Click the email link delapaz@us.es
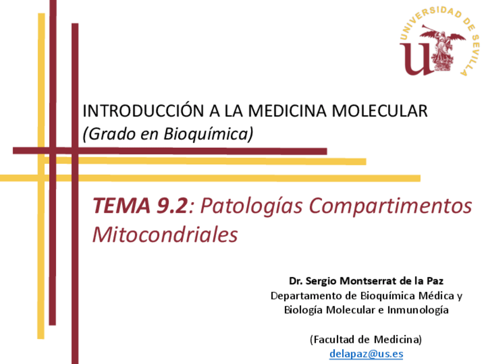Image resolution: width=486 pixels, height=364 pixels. (x=366, y=354)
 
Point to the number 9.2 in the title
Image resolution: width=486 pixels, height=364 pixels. (x=172, y=205)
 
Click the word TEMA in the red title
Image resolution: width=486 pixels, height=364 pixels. (x=121, y=205)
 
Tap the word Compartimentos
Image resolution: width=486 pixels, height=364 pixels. (x=390, y=206)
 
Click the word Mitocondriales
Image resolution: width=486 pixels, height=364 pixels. (x=165, y=234)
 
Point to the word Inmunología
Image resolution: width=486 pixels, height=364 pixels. (x=418, y=310)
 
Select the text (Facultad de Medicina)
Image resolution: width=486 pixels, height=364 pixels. (x=366, y=339)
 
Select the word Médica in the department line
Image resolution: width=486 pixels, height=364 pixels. (x=436, y=296)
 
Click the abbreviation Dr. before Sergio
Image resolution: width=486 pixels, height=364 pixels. (x=296, y=281)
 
